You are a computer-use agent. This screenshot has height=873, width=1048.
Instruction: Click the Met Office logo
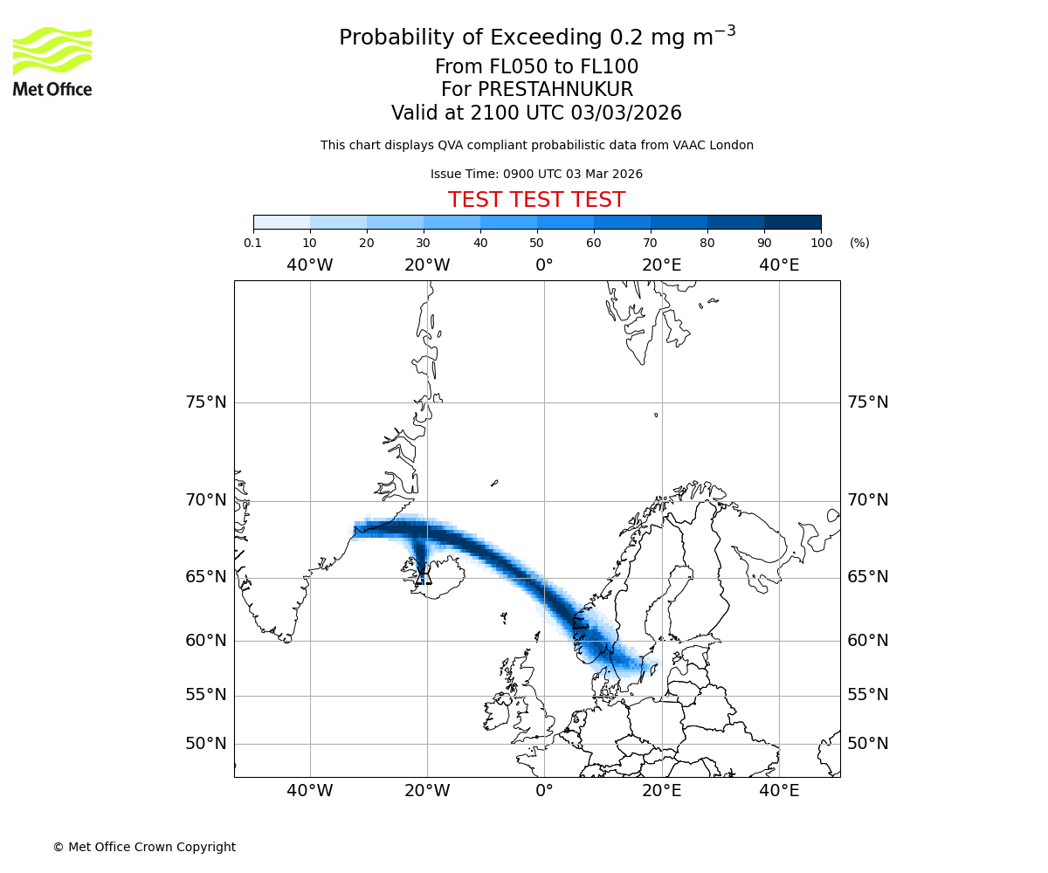click(52, 61)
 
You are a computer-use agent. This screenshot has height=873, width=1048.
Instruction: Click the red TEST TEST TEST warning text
click(536, 200)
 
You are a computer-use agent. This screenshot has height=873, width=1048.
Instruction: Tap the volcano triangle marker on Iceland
click(424, 575)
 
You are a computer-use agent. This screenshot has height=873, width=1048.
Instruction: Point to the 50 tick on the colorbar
click(537, 243)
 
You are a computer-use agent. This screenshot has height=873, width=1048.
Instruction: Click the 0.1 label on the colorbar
click(253, 243)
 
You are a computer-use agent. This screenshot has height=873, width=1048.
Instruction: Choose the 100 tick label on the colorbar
click(821, 243)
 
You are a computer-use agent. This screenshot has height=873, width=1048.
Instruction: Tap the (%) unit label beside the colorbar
click(859, 243)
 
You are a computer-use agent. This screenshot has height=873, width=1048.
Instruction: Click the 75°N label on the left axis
click(205, 402)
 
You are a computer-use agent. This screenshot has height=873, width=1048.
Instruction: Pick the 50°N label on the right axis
click(868, 744)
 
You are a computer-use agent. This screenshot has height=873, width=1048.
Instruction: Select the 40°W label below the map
click(310, 791)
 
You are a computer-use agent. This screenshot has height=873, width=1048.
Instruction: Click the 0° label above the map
click(544, 265)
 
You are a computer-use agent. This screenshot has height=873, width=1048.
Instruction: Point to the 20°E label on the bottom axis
click(662, 791)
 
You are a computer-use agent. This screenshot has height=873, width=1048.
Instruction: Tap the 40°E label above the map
click(779, 265)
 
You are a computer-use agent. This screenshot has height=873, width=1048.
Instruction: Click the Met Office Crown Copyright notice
click(144, 847)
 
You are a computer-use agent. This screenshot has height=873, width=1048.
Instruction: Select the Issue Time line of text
click(536, 175)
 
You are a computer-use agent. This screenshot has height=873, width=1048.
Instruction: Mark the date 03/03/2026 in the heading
click(626, 113)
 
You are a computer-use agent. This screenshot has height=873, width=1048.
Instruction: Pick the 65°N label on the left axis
click(205, 577)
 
